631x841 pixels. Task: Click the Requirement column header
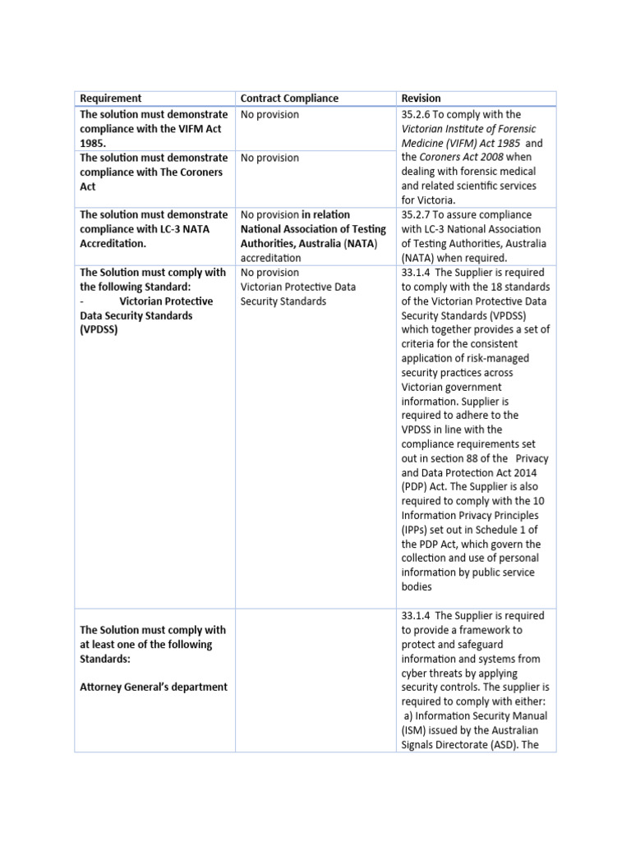click(x=110, y=99)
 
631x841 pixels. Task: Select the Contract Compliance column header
click(x=288, y=99)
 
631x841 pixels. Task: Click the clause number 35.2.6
click(x=418, y=115)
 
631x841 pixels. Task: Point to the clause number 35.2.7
click(x=418, y=215)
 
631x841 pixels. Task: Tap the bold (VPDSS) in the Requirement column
click(x=99, y=330)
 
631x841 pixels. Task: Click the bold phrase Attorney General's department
click(x=154, y=687)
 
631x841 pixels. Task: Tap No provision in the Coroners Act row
click(x=269, y=158)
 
